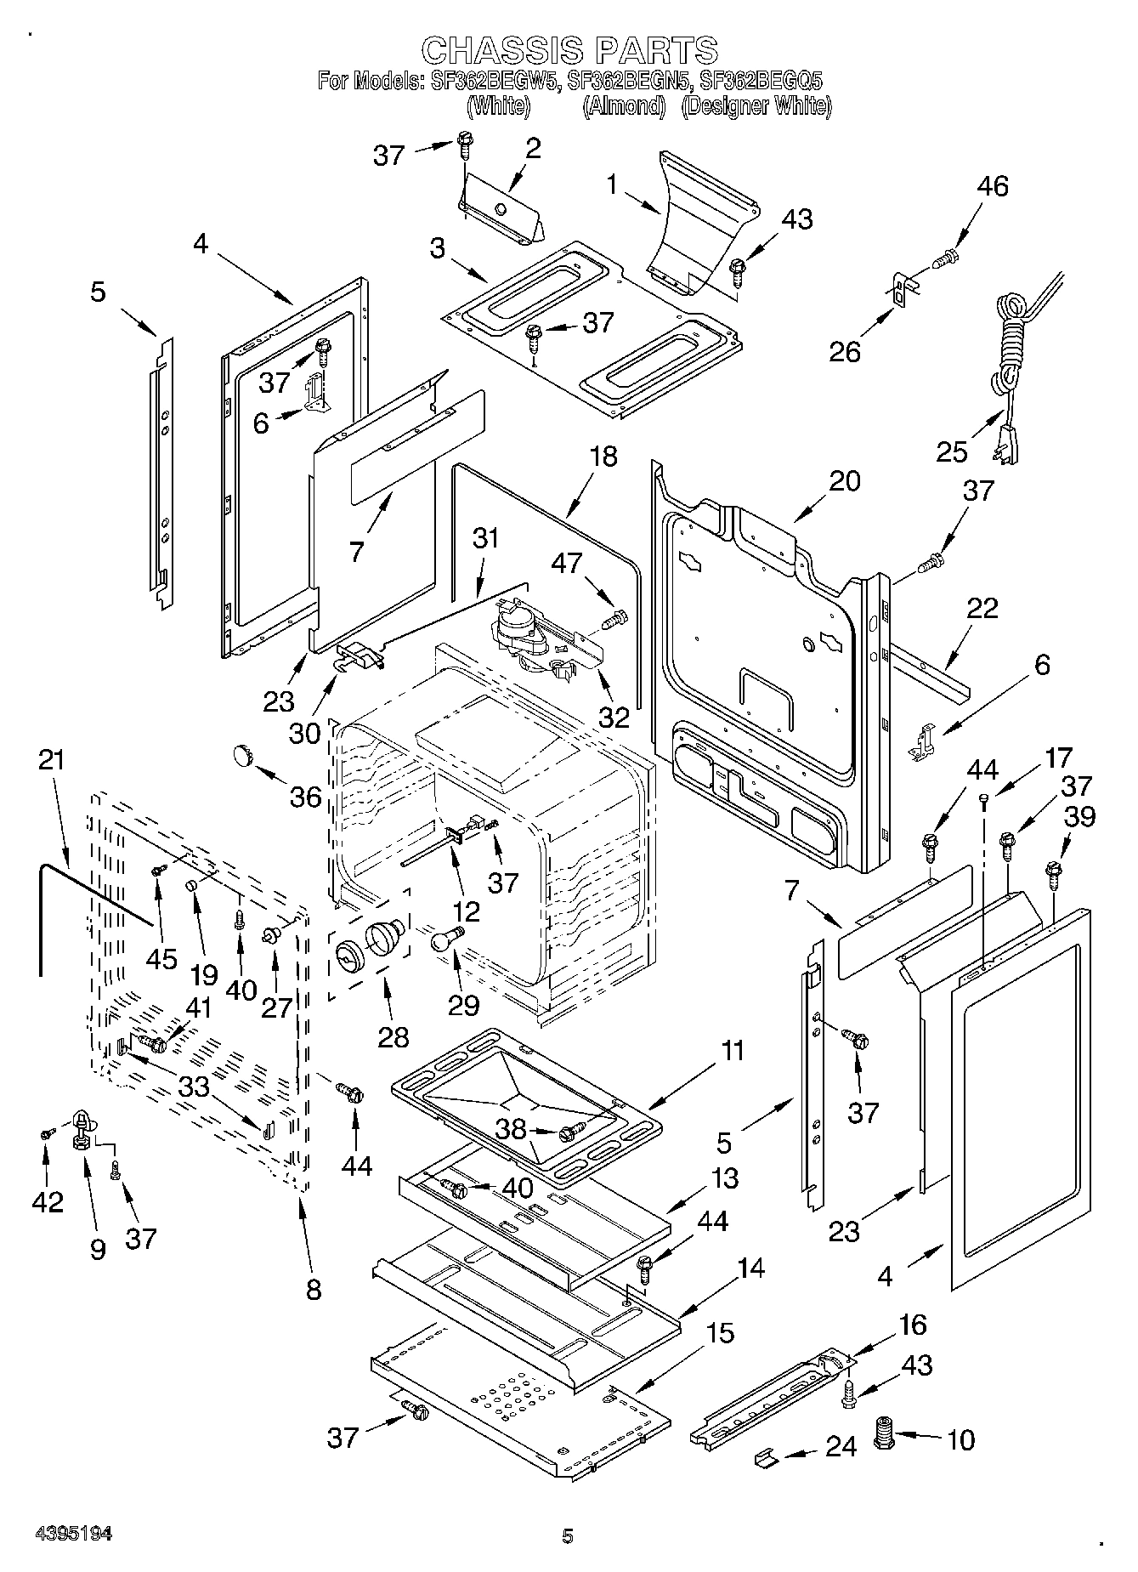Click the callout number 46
[x=993, y=186]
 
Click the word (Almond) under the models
[x=623, y=106]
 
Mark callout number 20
[x=844, y=481]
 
